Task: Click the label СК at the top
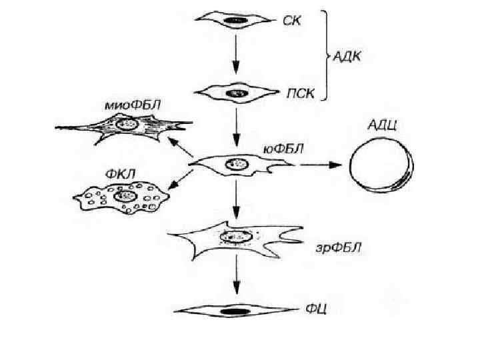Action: [x=291, y=21]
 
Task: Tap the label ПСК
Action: [x=299, y=93]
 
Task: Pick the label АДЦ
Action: [x=382, y=126]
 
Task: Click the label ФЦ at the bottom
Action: [x=315, y=309]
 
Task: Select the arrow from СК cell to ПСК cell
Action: [x=235, y=57]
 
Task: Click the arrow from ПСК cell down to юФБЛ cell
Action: [x=235, y=127]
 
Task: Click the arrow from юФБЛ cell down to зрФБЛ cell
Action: [x=235, y=200]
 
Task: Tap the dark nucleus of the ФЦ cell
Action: [x=234, y=311]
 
